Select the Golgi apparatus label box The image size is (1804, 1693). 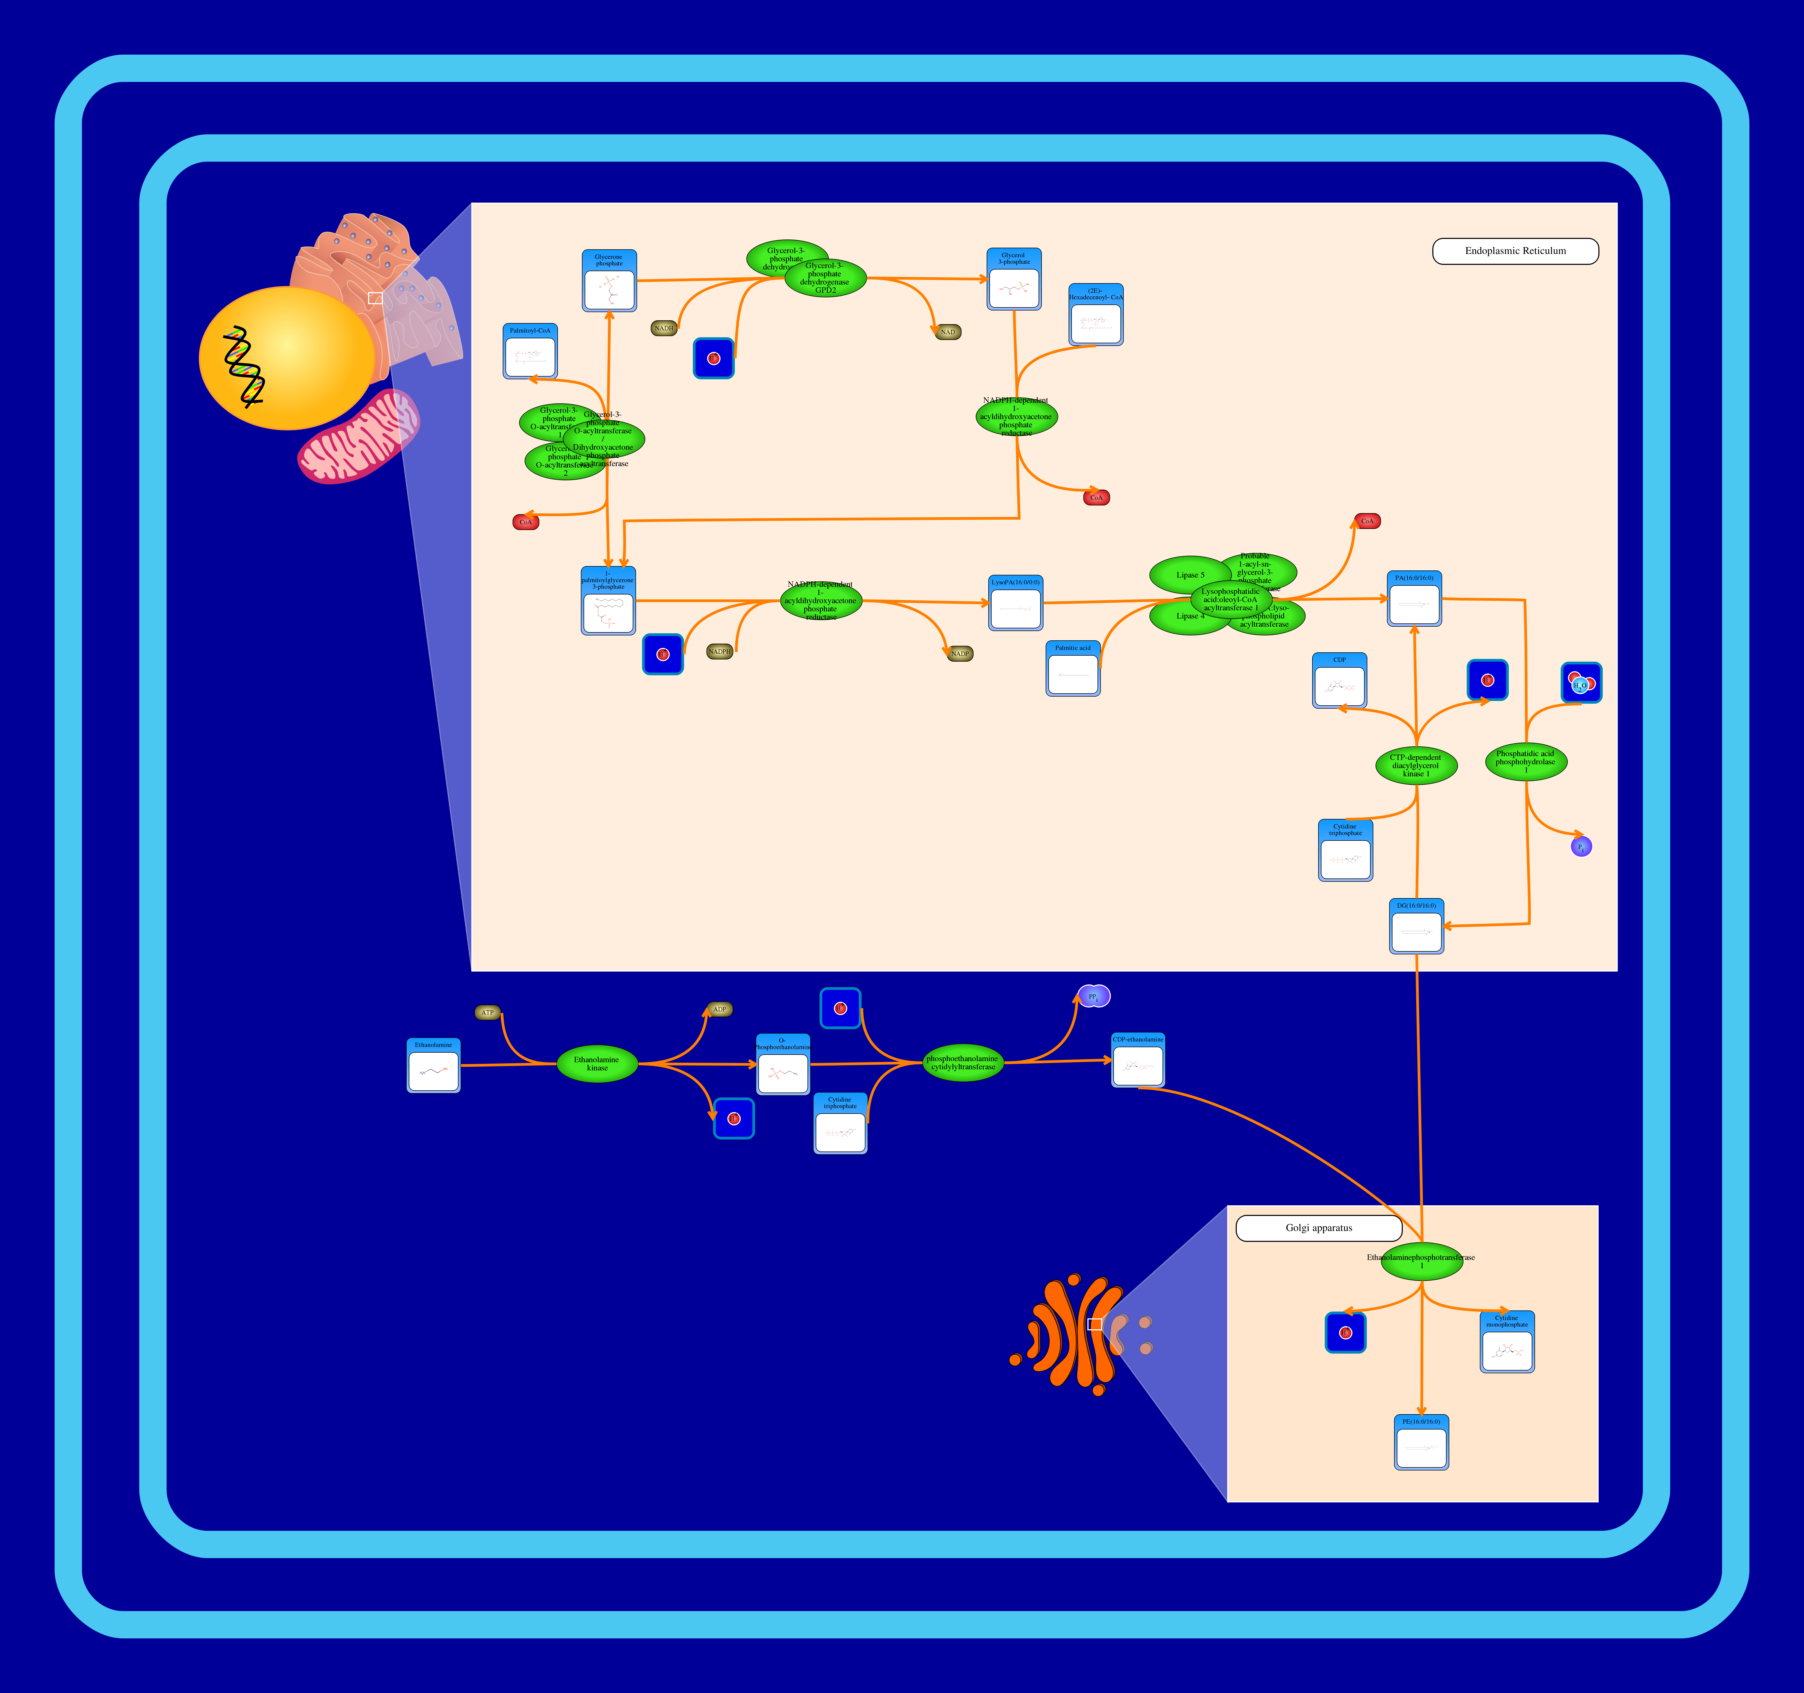click(x=1318, y=1229)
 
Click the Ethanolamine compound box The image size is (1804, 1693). click(x=434, y=1066)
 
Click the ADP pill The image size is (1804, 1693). click(x=720, y=1010)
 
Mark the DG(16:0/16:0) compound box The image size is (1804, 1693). click(x=1416, y=926)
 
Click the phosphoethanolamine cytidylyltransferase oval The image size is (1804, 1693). click(x=963, y=1063)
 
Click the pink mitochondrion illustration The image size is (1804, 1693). click(x=359, y=437)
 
